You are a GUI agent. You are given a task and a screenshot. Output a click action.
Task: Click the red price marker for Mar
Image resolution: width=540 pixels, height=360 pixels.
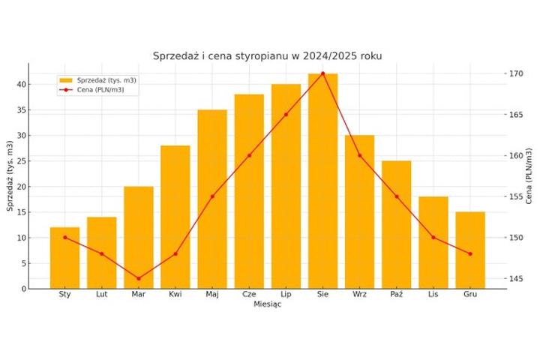coord(139,278)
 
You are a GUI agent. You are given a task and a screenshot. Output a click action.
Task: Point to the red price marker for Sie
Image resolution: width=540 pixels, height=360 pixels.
coord(322,73)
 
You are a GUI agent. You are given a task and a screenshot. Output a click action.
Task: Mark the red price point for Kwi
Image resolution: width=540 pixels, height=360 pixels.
coord(175,253)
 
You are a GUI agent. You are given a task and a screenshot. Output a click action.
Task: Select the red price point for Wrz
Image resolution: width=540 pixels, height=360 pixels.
coord(359,155)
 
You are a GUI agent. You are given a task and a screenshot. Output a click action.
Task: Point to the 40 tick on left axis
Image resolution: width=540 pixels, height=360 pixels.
coord(22,84)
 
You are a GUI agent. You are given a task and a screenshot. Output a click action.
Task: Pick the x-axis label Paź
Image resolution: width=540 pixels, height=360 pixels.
coord(397,295)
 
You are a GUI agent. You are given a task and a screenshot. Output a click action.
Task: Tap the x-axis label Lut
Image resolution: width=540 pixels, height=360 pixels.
coord(102,295)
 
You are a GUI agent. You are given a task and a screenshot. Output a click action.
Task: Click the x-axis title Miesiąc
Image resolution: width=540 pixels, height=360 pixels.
coord(267,304)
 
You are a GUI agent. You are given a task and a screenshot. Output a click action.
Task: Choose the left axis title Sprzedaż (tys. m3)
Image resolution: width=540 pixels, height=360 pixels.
coord(10,175)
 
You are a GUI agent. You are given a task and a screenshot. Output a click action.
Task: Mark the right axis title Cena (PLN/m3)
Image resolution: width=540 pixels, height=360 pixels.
coord(530,175)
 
